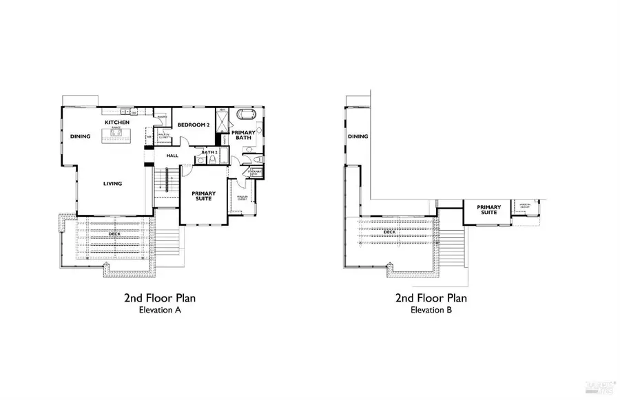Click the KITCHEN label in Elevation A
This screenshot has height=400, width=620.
tap(116, 123)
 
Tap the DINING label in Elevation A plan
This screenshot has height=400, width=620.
tap(80, 136)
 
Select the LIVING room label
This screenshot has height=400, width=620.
tap(112, 183)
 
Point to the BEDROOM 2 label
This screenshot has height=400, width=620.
tap(194, 125)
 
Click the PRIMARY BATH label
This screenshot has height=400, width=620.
tap(242, 136)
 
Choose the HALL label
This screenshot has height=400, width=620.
tap(172, 156)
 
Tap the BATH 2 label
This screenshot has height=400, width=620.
tap(209, 151)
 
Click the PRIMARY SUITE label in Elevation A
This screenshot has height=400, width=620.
tap(203, 197)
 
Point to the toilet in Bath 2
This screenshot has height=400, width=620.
tap(213, 159)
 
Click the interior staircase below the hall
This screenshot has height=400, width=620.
tap(164, 182)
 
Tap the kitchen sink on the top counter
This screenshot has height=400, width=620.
tap(125, 112)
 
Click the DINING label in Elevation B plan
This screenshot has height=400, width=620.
tap(358, 136)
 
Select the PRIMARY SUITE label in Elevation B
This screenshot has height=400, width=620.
tap(488, 209)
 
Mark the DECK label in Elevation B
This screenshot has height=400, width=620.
tap(389, 232)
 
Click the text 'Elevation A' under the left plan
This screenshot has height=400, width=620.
tap(160, 310)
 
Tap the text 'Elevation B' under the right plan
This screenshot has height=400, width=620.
tap(431, 310)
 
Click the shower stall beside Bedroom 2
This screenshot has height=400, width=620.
tap(223, 123)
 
